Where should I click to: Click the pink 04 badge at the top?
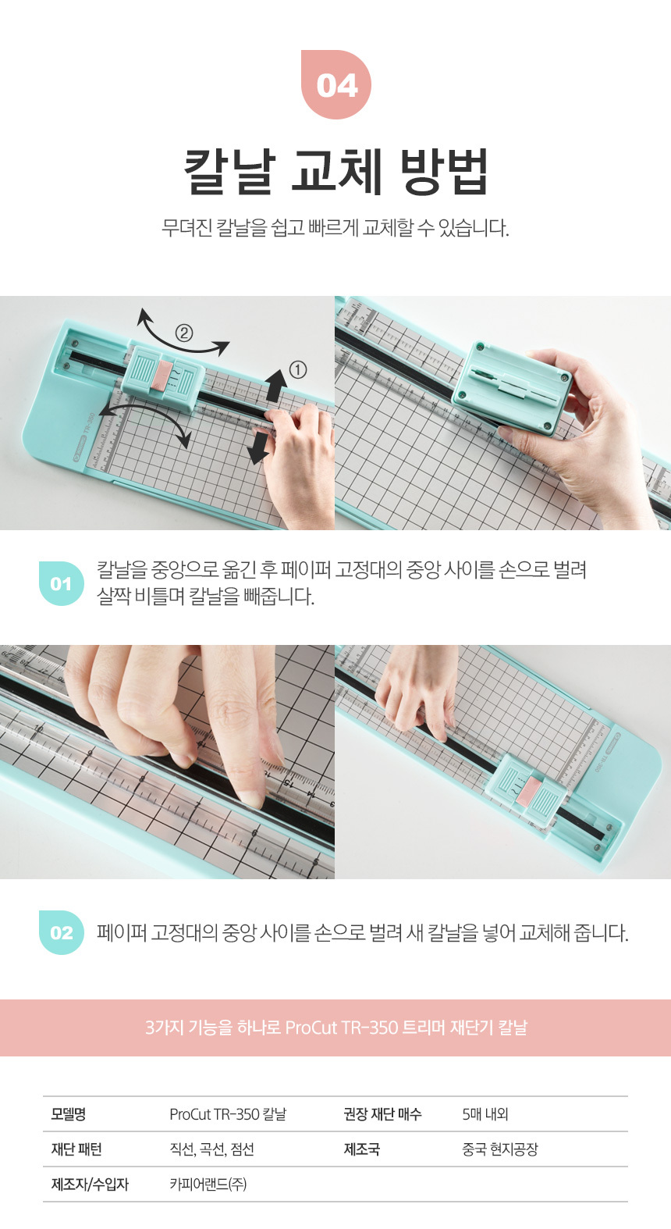tap(336, 84)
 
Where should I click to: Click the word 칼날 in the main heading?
tap(229, 171)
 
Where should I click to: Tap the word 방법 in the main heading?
tap(444, 171)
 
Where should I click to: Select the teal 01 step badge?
tap(62, 583)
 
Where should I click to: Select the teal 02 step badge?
tap(62, 932)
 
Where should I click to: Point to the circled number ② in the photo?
tap(183, 333)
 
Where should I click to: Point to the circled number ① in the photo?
tap(297, 370)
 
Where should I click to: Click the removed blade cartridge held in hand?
tap(511, 387)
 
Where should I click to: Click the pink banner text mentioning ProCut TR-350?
tap(336, 1027)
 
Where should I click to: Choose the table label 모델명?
tap(69, 1113)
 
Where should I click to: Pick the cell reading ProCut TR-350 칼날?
tap(228, 1113)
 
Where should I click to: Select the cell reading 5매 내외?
tap(485, 1113)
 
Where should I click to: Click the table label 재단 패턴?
tap(76, 1149)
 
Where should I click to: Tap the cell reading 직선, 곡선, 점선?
tap(211, 1149)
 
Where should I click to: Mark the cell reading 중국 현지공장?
tap(500, 1149)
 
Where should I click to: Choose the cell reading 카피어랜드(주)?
tap(208, 1184)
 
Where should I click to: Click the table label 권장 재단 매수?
tap(382, 1113)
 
